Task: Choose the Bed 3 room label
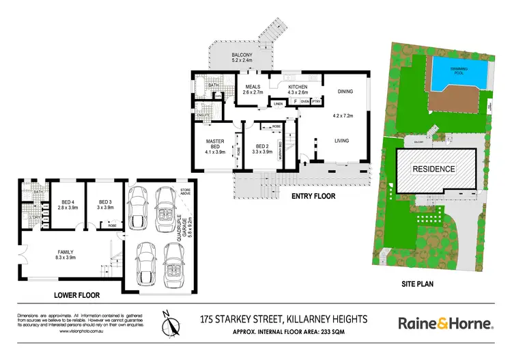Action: pyautogui.click(x=104, y=205)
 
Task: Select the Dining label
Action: pyautogui.click(x=345, y=92)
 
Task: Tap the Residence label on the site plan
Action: pyautogui.click(x=434, y=167)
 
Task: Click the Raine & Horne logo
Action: pyautogui.click(x=445, y=323)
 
